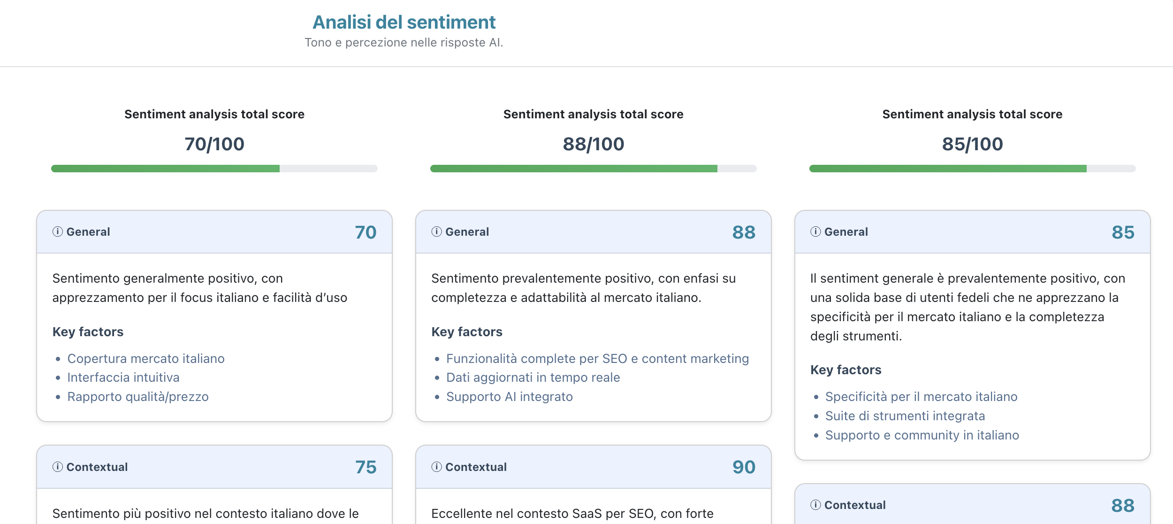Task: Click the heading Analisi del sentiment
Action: (404, 22)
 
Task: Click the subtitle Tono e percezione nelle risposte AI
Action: (404, 43)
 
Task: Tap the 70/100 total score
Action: (214, 144)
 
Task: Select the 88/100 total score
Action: (593, 144)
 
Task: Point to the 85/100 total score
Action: (972, 144)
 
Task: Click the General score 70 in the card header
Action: (366, 232)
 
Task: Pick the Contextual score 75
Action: (366, 467)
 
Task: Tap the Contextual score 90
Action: (744, 467)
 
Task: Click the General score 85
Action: (1123, 232)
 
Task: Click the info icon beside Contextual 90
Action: (436, 467)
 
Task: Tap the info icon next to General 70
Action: (58, 231)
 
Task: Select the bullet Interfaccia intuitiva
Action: (123, 378)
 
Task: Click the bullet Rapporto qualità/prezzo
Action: (138, 397)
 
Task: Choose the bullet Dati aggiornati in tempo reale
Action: (533, 378)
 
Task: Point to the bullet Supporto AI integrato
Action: (510, 397)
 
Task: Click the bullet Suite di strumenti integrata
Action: (905, 416)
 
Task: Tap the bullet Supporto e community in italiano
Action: (922, 435)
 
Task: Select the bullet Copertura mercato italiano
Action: (146, 359)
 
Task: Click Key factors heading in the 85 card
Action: (845, 370)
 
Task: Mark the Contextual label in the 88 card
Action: (855, 505)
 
